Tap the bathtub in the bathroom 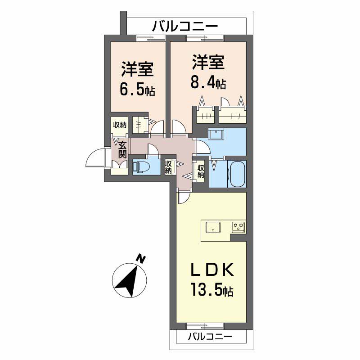238,174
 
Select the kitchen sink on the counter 213,227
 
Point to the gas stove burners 238,227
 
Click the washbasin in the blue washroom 216,134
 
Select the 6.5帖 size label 137,90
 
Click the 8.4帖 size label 208,83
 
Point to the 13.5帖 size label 211,290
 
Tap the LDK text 212,269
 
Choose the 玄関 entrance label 122,150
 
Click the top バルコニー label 185,26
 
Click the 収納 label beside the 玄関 119,125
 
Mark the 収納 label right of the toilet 168,167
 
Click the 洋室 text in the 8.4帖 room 208,62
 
